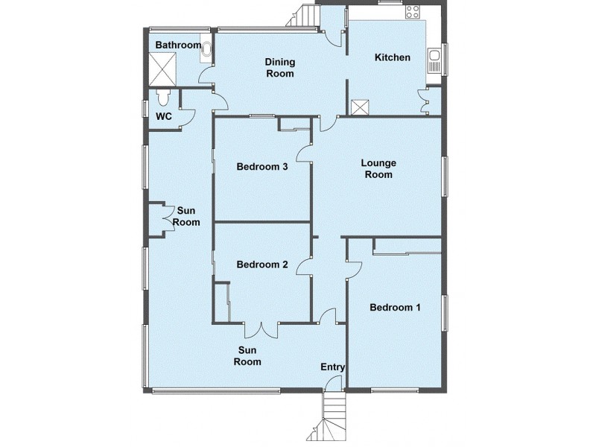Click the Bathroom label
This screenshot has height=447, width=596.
click(x=177, y=45)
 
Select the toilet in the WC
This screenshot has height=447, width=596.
click(x=165, y=97)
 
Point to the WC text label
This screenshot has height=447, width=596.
click(x=164, y=117)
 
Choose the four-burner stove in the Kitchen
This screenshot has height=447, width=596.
click(x=412, y=12)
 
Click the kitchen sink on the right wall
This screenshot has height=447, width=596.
click(x=434, y=62)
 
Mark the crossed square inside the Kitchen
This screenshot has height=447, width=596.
click(x=361, y=107)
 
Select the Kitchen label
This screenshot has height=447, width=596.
click(x=392, y=57)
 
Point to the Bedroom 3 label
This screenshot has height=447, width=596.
click(x=262, y=167)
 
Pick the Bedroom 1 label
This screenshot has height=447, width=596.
click(x=395, y=307)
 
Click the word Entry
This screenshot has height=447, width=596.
click(x=332, y=367)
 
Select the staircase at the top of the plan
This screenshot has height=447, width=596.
click(x=303, y=16)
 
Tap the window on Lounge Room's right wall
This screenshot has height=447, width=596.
click(x=445, y=176)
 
